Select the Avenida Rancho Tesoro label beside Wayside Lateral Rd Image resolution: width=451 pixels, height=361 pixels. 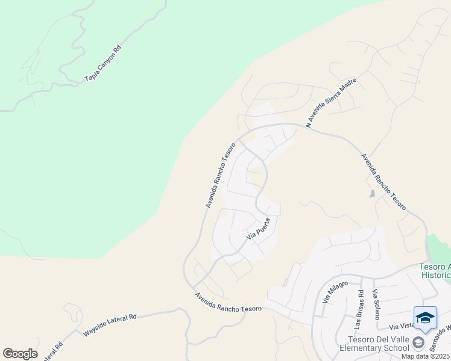coord(228,301)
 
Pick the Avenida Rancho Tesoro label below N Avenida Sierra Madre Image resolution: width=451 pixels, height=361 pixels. coord(383,182)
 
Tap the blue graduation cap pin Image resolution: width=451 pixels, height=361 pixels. coord(425,318)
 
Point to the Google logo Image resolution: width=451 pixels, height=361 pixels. coord(20,353)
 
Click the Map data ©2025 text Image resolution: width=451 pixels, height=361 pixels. coord(424,356)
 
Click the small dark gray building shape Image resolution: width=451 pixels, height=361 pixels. coord(372,194)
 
